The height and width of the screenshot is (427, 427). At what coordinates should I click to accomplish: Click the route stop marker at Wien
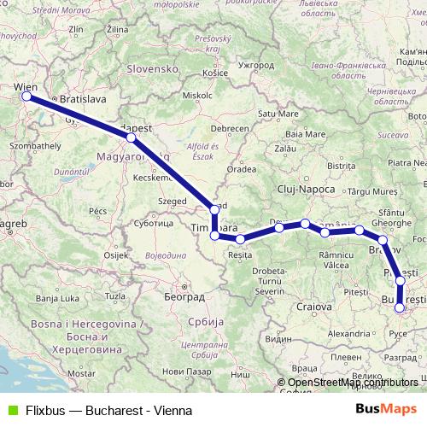(x=26, y=97)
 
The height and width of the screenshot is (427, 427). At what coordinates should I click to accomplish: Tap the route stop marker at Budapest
(x=130, y=137)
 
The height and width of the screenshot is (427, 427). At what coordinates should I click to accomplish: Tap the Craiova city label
(x=313, y=306)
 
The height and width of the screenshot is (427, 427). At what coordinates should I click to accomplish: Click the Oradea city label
(x=242, y=169)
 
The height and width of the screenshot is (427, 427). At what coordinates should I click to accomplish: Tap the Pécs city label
(x=97, y=209)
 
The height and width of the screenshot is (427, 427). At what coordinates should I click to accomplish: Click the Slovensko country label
(x=151, y=68)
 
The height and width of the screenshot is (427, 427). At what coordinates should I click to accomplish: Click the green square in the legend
(x=10, y=410)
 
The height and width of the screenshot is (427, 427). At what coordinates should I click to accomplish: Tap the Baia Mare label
(x=306, y=134)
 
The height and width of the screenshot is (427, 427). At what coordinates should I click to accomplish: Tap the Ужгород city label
(x=256, y=65)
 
